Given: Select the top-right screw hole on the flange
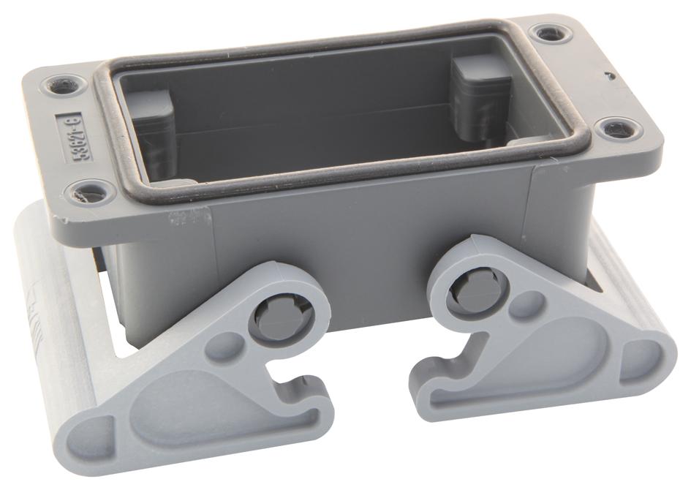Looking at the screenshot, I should click(x=547, y=34).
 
